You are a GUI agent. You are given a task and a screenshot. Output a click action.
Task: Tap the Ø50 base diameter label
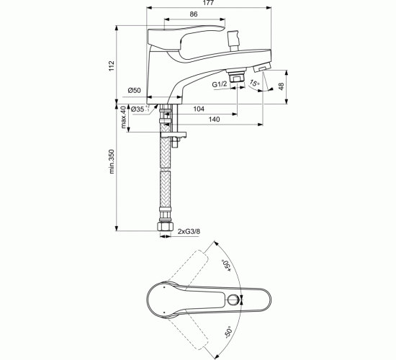(x=134, y=90)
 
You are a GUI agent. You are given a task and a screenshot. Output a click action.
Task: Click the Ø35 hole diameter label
(x=140, y=108)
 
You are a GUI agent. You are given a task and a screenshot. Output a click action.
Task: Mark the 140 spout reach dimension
(x=215, y=121)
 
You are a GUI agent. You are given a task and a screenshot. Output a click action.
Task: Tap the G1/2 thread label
(x=220, y=85)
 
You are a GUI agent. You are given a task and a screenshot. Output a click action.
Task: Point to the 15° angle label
(x=255, y=84)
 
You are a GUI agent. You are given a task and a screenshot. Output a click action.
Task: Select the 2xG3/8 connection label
(x=189, y=232)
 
